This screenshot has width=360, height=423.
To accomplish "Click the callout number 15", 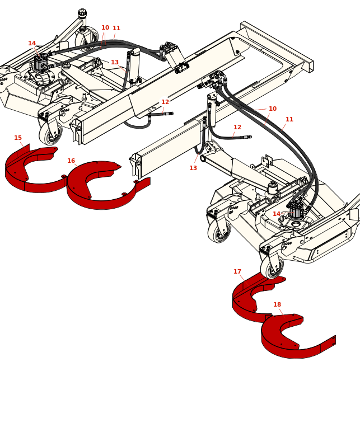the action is click(x=18, y=138).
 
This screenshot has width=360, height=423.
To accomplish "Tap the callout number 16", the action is click(x=71, y=161).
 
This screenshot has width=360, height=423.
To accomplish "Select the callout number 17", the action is click(x=237, y=272).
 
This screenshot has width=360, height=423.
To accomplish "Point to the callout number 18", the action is click(x=277, y=304).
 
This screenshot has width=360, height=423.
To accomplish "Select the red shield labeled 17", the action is click(x=256, y=297).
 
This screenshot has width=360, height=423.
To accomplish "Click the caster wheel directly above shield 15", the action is click(x=50, y=134).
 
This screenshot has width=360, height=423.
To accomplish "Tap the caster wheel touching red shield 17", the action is click(x=272, y=266).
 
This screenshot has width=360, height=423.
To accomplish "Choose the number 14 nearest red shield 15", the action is click(x=32, y=44).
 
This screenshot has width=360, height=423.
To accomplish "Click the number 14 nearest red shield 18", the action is click(x=277, y=214).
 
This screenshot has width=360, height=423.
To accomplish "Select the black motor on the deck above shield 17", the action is click(x=297, y=209).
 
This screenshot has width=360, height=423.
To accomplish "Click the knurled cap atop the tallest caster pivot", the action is click(x=82, y=12).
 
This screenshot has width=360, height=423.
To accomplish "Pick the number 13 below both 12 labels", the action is click(x=193, y=168).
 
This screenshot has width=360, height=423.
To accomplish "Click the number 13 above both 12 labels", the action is click(x=115, y=62).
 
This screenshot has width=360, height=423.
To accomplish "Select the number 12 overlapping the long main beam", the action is click(x=165, y=102).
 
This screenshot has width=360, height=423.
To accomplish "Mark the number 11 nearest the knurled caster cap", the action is click(x=116, y=29).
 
